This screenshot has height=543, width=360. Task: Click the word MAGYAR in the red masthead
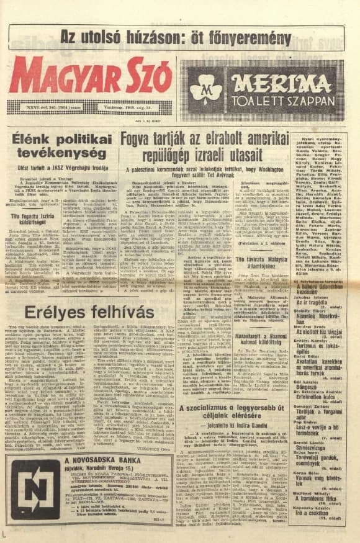(60, 76)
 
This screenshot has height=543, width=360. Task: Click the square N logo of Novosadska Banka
(36, 488)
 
